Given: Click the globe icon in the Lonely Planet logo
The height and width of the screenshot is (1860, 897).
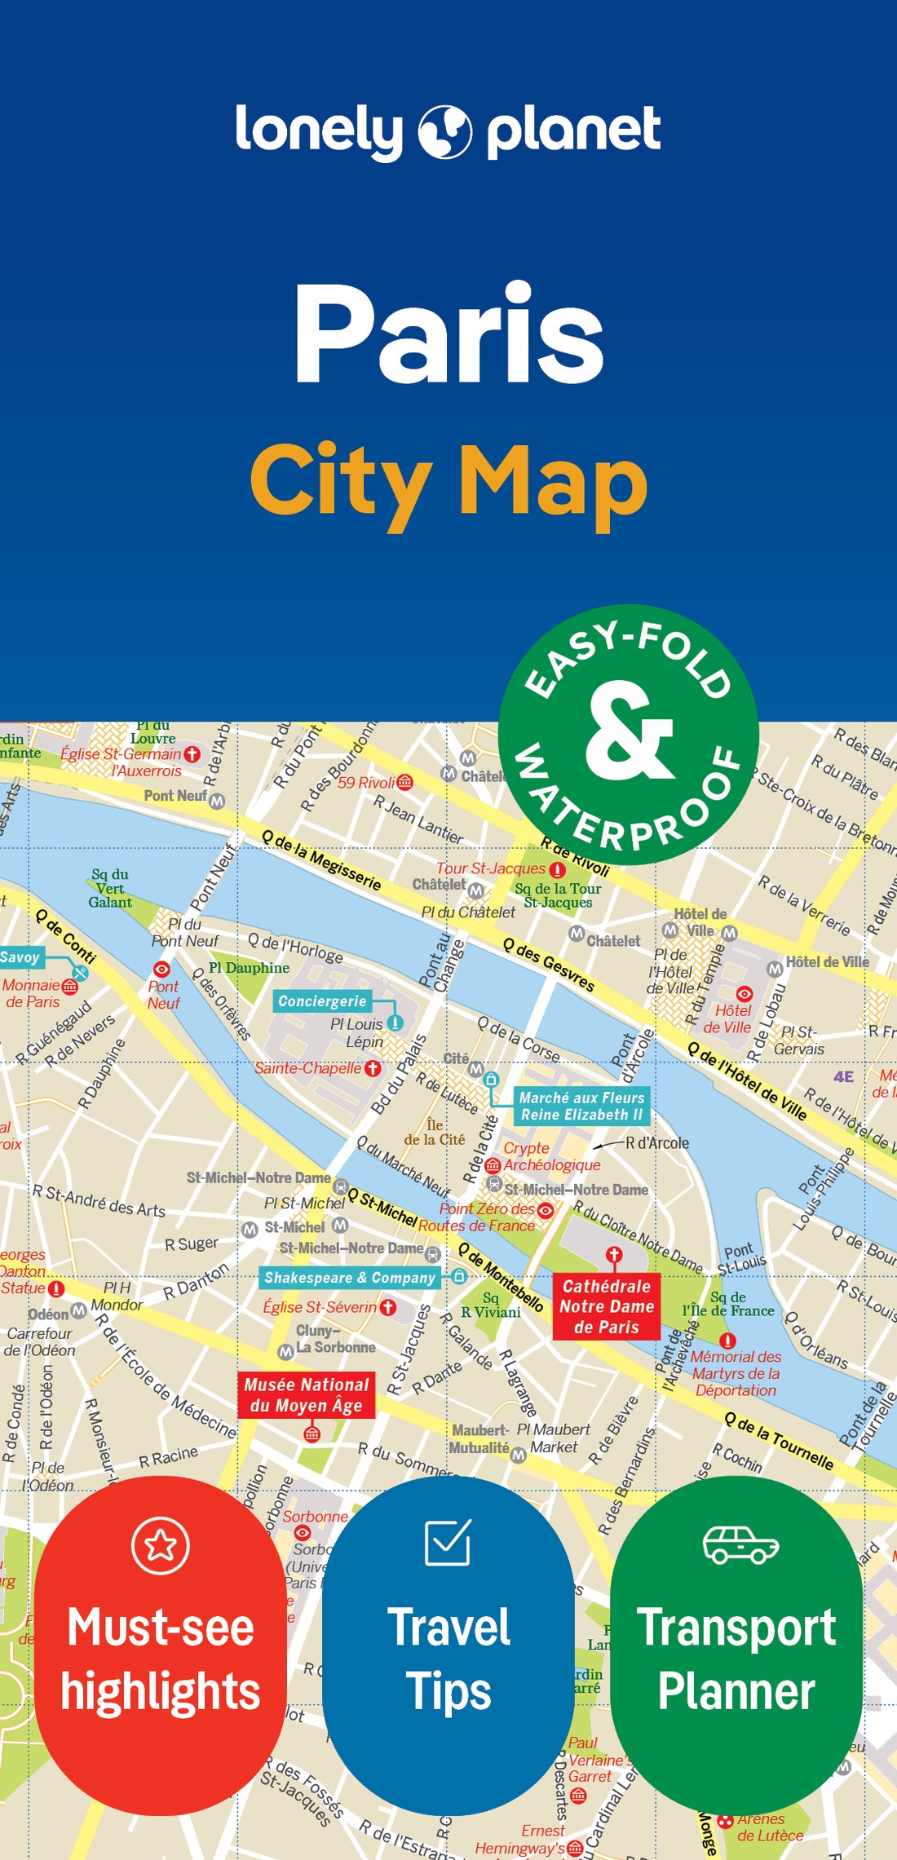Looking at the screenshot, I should tap(445, 130).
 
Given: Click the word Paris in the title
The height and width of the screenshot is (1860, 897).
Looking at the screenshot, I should tap(448, 334).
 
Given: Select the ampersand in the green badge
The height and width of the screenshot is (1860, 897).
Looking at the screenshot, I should tap(629, 731).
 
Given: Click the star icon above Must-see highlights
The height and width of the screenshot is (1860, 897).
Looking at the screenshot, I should tap(161, 1545).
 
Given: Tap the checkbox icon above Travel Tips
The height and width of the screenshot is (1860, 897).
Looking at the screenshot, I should tap(448, 1542).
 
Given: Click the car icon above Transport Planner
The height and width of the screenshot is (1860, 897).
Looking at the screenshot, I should tap(740, 1544).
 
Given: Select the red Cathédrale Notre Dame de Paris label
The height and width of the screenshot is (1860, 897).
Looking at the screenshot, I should tap(606, 1306).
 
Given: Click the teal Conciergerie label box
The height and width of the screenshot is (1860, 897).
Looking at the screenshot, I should tap(322, 1001).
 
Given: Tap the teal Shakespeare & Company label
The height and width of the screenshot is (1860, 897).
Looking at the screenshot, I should tap(350, 1278).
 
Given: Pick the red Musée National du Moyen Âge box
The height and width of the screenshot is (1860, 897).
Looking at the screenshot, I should tap(307, 1395).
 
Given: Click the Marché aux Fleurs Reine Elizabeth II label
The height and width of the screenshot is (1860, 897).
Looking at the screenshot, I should tap(581, 1106).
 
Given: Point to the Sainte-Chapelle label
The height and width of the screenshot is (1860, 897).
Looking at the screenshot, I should tap(308, 1068).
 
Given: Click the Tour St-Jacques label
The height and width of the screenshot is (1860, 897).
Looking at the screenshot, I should tap(491, 868).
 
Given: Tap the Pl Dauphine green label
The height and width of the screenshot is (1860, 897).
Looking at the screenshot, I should tap(249, 968).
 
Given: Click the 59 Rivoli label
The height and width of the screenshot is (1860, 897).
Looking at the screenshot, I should tap(366, 783).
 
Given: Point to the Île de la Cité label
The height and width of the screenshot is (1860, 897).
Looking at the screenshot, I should tap(435, 1133).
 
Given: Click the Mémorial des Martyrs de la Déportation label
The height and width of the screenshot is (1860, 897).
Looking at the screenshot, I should tap(736, 1373).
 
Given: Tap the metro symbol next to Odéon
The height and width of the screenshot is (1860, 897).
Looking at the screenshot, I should tap(78, 1311).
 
